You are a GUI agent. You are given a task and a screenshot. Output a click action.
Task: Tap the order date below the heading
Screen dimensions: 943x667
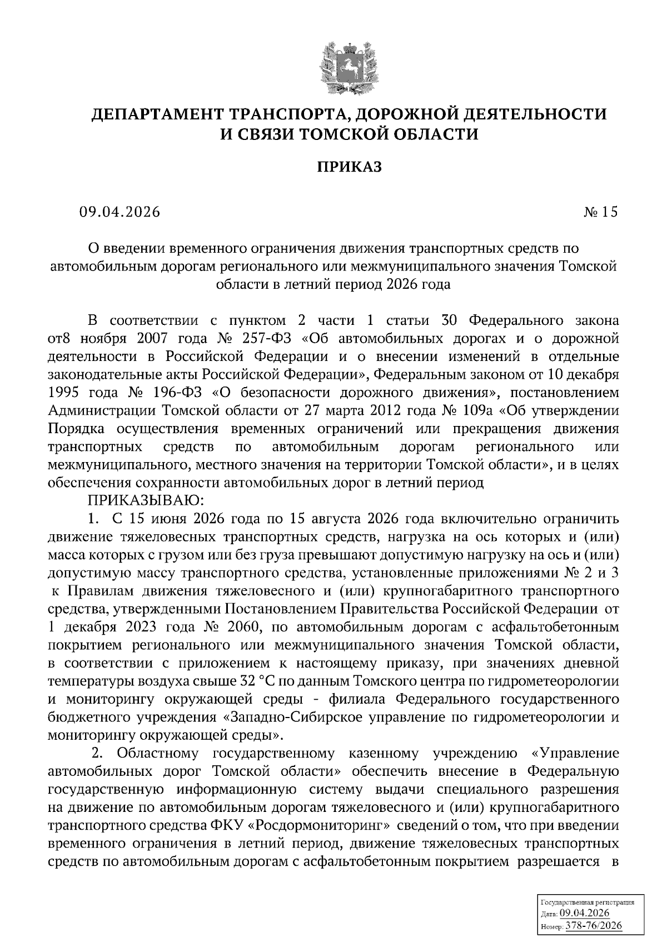119,212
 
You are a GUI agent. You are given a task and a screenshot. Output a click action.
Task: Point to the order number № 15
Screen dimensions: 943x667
601,212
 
